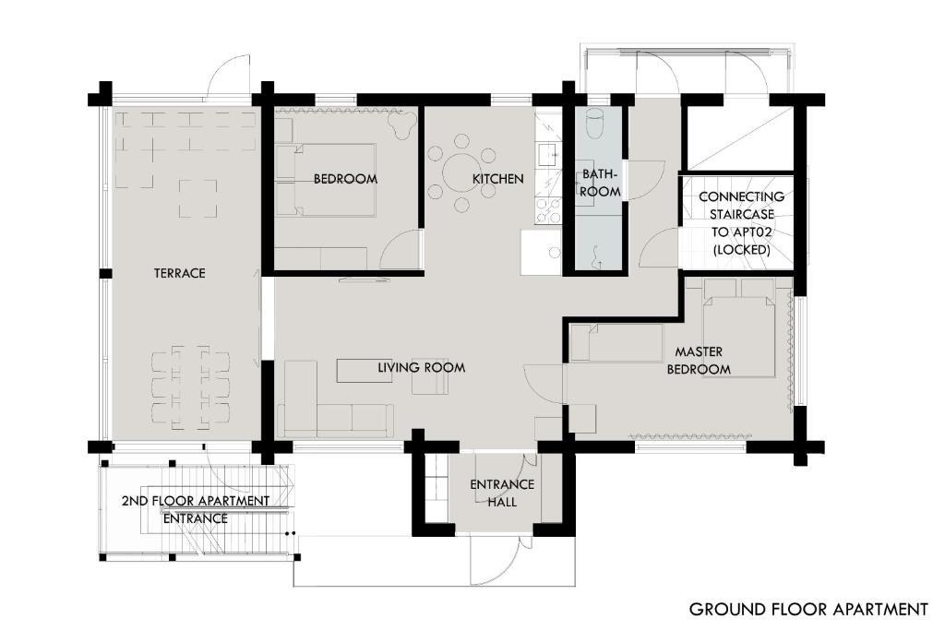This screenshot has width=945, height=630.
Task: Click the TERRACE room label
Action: click(180, 273)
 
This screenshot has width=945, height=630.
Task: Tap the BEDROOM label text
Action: click(345, 179)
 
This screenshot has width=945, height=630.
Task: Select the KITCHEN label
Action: click(497, 179)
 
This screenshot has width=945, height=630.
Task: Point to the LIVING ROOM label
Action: click(421, 367)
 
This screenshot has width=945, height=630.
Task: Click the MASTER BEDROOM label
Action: click(699, 360)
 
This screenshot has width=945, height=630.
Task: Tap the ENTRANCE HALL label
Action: click(502, 493)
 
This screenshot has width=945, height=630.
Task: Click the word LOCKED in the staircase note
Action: click(741, 249)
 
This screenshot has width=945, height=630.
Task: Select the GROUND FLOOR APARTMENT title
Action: click(808, 610)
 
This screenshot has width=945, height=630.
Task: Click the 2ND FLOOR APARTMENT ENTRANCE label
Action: click(196, 509)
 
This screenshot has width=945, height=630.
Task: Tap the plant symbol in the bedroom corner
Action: click(401, 125)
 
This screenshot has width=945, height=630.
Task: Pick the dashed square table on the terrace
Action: click(198, 198)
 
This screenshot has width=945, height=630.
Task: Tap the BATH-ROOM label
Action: click(600, 184)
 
